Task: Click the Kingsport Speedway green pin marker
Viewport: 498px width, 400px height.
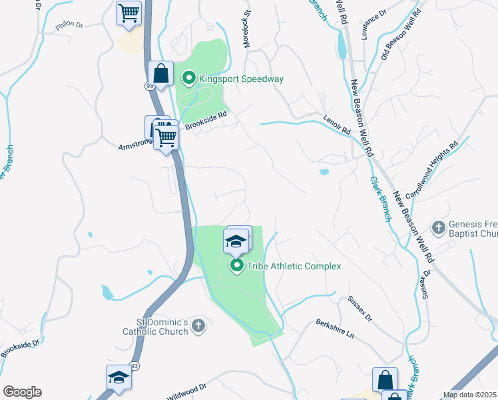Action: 188,79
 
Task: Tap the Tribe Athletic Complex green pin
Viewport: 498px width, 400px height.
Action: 237,266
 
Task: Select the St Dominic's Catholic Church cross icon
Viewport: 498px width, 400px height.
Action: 197,326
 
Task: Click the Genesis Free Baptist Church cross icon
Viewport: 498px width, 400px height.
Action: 438,228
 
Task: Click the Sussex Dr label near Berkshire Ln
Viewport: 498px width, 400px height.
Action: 360,308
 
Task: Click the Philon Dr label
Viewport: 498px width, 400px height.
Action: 69,25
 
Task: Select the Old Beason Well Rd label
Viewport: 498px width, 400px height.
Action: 401,35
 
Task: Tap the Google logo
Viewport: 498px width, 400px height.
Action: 22,392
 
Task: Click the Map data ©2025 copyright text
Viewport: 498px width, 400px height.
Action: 469,395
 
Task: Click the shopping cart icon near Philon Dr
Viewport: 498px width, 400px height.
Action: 128,12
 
